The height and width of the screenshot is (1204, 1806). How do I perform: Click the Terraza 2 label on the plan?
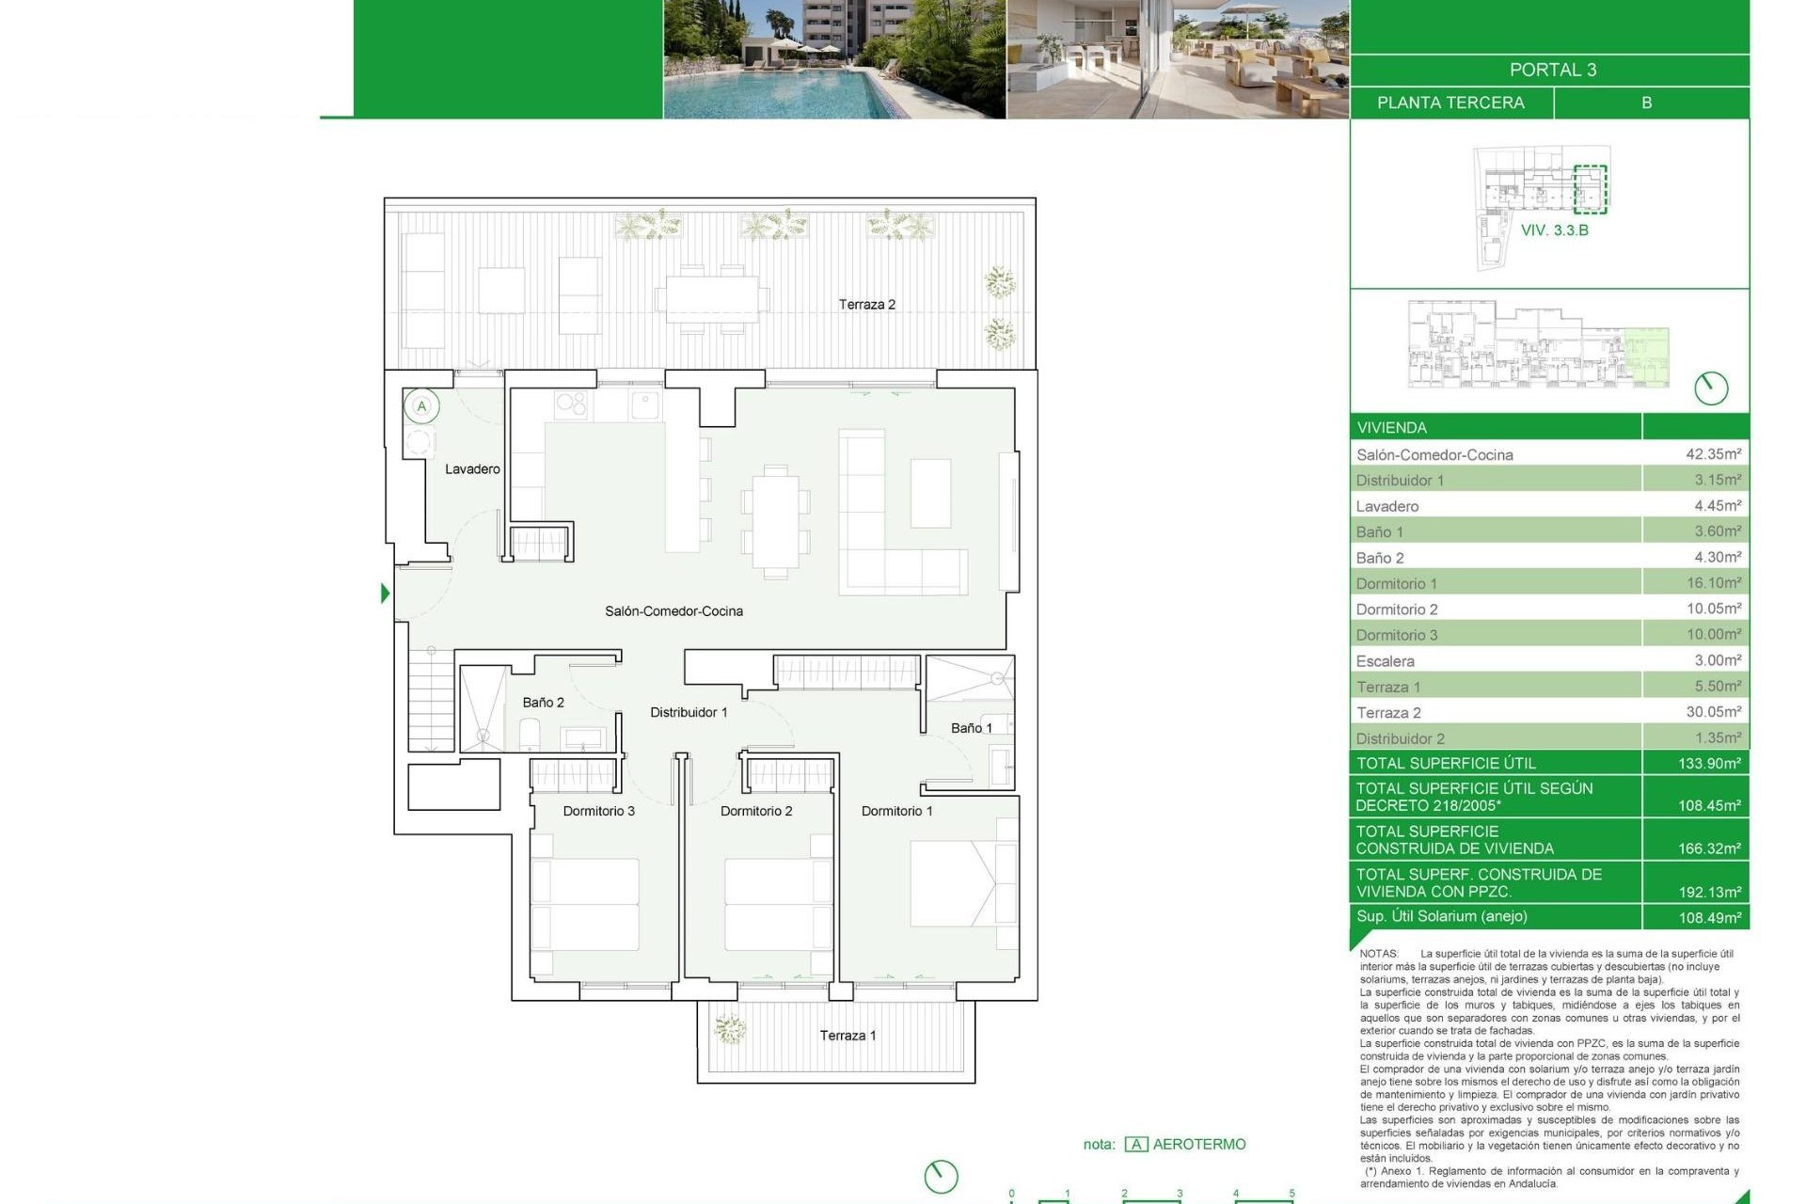(x=866, y=304)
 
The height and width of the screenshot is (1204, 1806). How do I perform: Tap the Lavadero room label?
(x=472, y=468)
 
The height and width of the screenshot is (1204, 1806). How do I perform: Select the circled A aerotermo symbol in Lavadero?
(x=421, y=406)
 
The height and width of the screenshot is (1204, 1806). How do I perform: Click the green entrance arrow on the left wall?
(x=385, y=594)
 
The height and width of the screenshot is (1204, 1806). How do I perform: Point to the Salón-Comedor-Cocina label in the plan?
(x=673, y=611)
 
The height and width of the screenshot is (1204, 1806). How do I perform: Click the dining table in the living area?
(x=775, y=522)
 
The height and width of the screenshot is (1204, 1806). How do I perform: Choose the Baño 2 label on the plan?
(x=543, y=703)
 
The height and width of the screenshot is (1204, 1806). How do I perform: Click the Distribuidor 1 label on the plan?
(x=689, y=712)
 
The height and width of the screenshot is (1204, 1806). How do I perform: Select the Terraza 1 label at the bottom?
(x=848, y=1036)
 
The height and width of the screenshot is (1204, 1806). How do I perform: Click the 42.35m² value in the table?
(x=1713, y=453)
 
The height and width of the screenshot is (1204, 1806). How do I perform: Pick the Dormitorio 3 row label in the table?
(x=1397, y=635)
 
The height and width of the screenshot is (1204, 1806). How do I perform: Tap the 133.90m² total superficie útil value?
(x=1709, y=763)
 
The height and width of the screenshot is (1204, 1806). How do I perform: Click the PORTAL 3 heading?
(x=1552, y=70)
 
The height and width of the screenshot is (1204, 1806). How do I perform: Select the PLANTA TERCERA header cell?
(x=1450, y=103)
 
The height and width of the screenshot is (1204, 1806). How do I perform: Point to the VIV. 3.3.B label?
(x=1554, y=230)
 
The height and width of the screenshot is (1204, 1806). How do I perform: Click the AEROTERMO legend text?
(x=1198, y=1144)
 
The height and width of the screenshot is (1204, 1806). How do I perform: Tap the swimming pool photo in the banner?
(x=833, y=58)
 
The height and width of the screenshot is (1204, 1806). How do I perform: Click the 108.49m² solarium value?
(x=1709, y=917)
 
